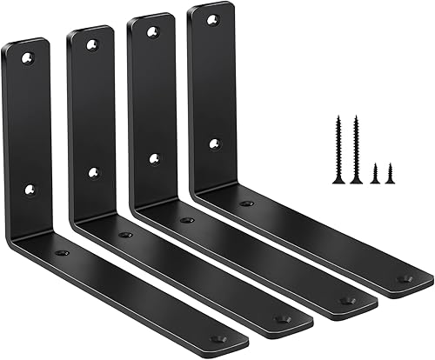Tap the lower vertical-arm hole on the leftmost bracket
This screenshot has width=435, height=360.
32,188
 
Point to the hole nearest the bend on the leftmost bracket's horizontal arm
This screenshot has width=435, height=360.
63,252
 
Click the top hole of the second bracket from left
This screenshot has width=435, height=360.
92,44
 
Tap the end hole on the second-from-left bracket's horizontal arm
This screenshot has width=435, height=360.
280,319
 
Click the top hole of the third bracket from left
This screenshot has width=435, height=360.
153,32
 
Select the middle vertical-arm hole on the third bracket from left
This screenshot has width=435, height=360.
154,158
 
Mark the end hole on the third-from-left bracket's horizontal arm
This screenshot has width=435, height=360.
346,301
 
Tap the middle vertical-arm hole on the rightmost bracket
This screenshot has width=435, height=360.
215,143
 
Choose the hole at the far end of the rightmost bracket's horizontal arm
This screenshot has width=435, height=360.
403,279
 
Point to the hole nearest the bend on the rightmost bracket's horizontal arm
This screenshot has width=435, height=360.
247,203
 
